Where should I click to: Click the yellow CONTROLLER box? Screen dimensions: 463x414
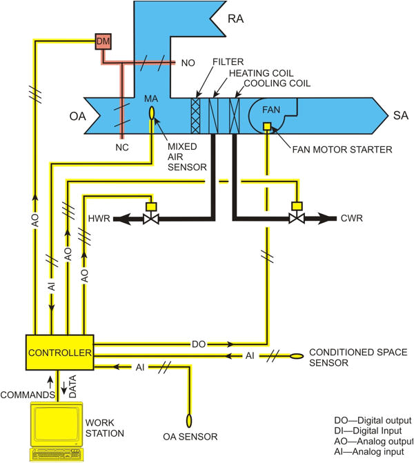point(59,353)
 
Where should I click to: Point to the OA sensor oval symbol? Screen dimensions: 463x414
point(188,420)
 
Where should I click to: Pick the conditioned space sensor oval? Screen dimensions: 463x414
point(296,357)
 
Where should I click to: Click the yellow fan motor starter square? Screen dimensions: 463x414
point(267,126)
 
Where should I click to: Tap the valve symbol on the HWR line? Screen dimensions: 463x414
point(148,219)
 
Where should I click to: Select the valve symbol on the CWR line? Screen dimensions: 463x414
point(297,219)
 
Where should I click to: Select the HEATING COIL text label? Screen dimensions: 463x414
point(256,72)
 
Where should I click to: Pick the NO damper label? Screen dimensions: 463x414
point(188,63)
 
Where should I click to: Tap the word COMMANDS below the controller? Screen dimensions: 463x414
point(27,395)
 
